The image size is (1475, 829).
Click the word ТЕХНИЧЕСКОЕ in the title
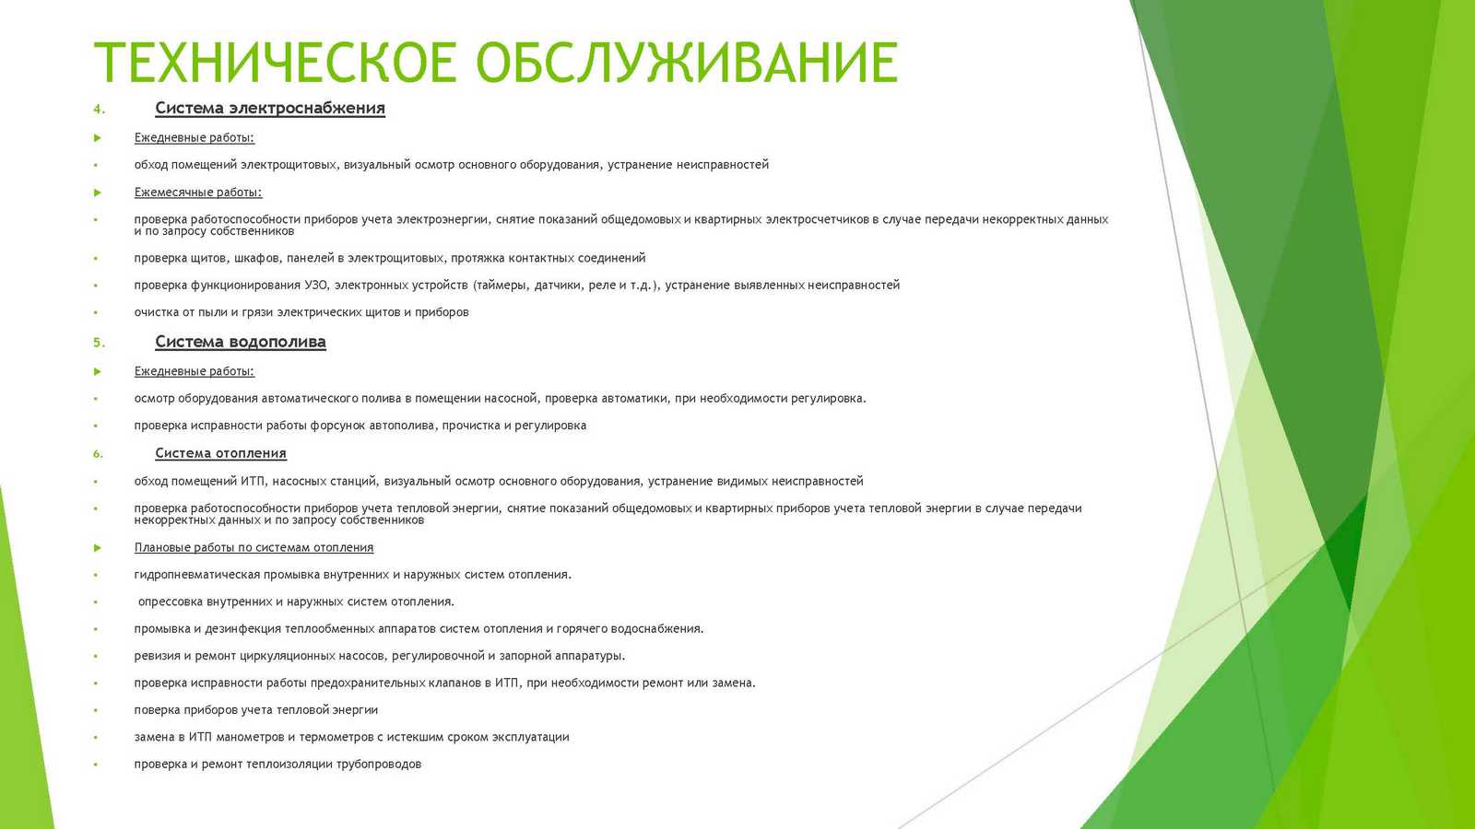pos(275,63)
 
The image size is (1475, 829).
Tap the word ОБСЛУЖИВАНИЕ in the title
pos(687,63)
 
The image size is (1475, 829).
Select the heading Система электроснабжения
pos(270,108)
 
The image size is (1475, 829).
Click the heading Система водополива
pos(241,342)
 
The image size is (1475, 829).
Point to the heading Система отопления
pos(220,453)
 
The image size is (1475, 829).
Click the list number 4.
pos(99,110)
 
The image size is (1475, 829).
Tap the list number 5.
pos(99,343)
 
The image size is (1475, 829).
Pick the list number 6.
pos(98,454)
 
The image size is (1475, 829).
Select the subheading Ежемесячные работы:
pos(198,193)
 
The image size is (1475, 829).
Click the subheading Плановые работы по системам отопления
pos(254,547)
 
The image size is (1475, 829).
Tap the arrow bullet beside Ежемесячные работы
pos(98,193)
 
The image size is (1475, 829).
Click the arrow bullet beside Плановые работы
pos(98,547)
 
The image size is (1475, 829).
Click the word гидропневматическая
pos(197,575)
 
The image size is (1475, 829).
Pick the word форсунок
pos(337,426)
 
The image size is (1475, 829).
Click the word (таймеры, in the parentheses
pos(501,286)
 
